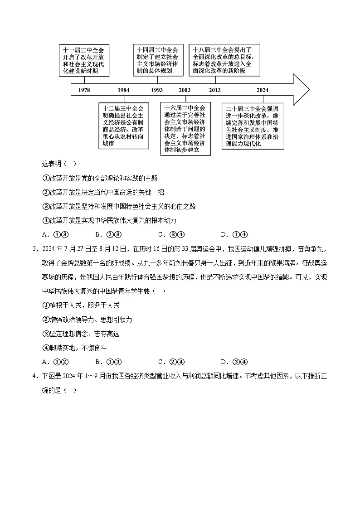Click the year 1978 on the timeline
pyautogui.click(x=84, y=90)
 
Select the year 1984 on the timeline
pyautogui.click(x=123, y=90)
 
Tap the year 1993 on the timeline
pyautogui.click(x=157, y=90)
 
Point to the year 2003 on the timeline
pyautogui.click(x=185, y=90)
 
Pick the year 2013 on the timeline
pyautogui.click(x=215, y=90)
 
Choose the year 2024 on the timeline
pyautogui.click(x=262, y=90)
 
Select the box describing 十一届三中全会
pyautogui.click(x=84, y=61)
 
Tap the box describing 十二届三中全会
pyautogui.click(x=124, y=126)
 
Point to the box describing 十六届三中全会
pyautogui.click(x=185, y=129)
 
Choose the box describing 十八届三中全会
pyautogui.click(x=224, y=61)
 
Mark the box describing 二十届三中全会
pyautogui.click(x=253, y=126)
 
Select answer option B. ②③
pyautogui.click(x=107, y=234)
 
